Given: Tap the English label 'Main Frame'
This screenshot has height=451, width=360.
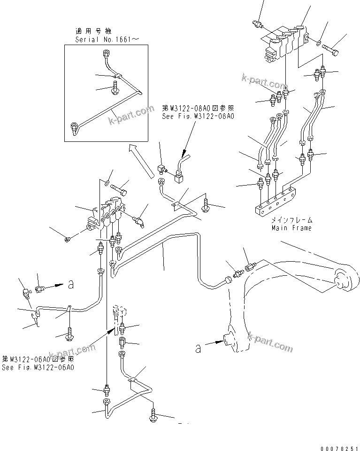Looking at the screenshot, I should [291, 228].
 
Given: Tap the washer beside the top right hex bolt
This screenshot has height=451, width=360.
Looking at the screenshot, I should [319, 43].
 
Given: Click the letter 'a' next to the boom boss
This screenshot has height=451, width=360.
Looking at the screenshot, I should [199, 348].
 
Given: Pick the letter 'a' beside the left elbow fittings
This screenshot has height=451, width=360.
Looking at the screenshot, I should [71, 283].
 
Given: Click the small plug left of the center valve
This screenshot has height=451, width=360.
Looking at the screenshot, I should [68, 240].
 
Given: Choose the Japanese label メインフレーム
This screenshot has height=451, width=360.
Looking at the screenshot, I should [291, 220].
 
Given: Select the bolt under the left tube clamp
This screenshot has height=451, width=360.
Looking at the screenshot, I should [69, 333].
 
